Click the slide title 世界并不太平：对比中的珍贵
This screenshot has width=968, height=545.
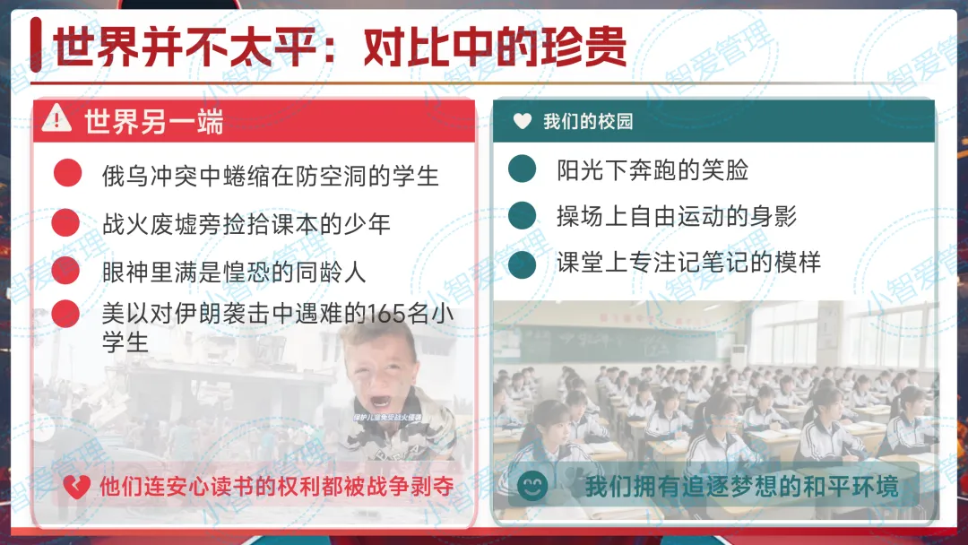[340, 46]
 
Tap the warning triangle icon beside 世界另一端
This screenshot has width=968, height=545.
[56, 117]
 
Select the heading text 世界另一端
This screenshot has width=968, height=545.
[153, 121]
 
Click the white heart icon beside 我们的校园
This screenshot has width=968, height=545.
[523, 121]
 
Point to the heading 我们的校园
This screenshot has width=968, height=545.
[588, 121]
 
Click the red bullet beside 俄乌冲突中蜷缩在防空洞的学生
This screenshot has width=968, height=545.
[67, 174]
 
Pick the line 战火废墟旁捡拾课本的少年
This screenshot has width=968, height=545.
[246, 223]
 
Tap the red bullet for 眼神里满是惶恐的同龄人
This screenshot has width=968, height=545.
[65, 270]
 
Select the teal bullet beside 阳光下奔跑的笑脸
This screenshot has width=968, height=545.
[522, 169]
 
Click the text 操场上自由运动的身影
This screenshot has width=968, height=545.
[676, 216]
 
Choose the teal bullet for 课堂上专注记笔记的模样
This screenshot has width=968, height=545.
[522, 264]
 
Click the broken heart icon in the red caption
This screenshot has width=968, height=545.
[75, 487]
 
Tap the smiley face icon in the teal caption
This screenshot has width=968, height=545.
[532, 487]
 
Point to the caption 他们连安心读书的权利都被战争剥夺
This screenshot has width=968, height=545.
[276, 487]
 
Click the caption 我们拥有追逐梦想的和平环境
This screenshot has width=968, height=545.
[740, 487]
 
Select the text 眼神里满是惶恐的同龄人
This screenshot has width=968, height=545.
[234, 271]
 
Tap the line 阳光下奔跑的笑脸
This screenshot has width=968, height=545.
[652, 169]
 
